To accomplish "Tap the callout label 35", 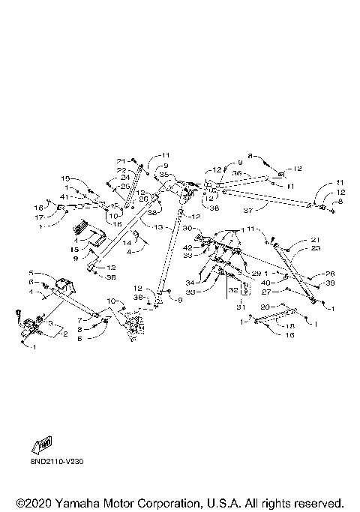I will coord(163,174).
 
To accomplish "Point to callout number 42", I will coord(187,247).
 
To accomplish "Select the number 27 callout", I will coord(265,292).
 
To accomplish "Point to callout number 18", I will coord(291,326).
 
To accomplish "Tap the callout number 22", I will coord(121,169).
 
